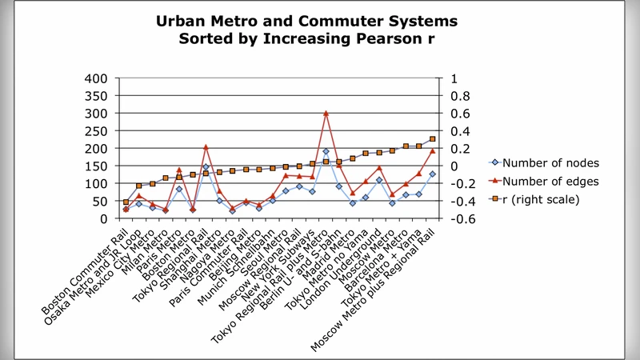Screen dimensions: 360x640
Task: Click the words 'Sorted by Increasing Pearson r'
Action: point(308,38)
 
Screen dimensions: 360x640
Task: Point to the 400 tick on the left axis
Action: point(96,78)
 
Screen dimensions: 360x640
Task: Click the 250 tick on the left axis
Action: point(96,131)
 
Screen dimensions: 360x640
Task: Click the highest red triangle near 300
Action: point(326,114)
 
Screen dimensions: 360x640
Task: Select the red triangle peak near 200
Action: point(206,147)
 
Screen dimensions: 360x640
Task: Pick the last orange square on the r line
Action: point(432,139)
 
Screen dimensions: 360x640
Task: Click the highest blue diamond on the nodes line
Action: point(326,151)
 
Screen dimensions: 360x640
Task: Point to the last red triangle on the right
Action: point(432,150)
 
